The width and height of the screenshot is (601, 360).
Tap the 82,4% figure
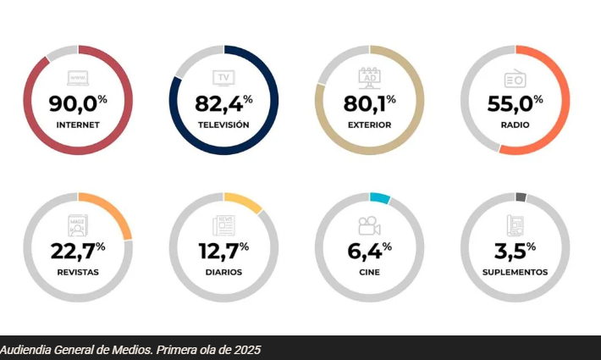[x=223, y=104]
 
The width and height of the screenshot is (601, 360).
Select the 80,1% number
[x=369, y=104]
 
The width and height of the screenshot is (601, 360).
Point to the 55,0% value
[x=515, y=104]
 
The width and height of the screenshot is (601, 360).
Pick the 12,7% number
[x=223, y=252]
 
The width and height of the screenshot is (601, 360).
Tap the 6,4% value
[x=369, y=252]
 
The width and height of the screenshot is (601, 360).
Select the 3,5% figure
[x=515, y=252]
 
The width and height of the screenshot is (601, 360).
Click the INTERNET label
[x=78, y=125]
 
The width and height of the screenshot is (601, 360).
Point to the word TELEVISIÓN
[x=223, y=125]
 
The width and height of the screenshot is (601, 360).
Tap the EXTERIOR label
[x=369, y=125]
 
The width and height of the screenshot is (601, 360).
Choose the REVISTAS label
[x=78, y=272]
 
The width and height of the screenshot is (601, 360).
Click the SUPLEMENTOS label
[x=515, y=272]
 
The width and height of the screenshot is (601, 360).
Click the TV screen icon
[x=223, y=79]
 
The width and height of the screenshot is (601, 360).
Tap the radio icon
[x=515, y=79]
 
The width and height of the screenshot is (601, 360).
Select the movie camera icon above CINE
[x=369, y=226]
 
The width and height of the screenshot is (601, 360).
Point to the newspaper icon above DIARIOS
[x=223, y=226]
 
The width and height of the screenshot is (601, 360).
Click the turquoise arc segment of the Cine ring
[x=380, y=199]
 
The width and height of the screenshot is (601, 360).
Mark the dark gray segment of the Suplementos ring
[x=521, y=197]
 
